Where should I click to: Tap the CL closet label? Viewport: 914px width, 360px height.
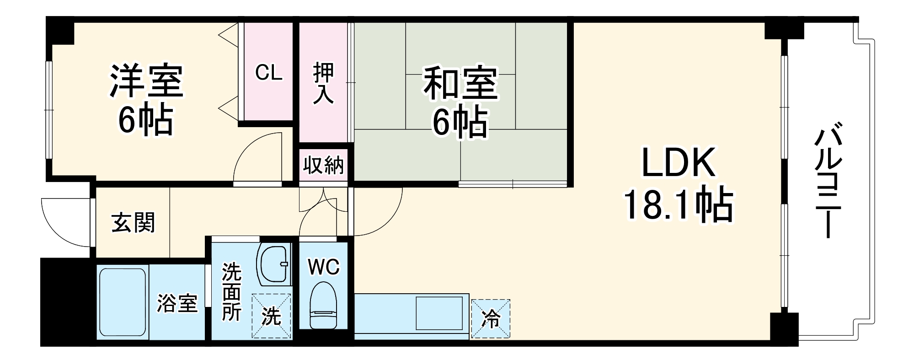[x=268, y=72]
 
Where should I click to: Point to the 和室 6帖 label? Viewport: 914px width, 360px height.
[x=460, y=102]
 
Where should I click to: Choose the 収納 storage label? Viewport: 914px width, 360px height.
[x=323, y=165]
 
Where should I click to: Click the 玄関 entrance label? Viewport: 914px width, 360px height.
[x=133, y=223]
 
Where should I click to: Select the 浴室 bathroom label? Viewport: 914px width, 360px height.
[x=177, y=303]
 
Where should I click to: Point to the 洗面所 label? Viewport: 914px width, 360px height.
[x=231, y=292]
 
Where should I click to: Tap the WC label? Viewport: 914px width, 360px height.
[x=324, y=267]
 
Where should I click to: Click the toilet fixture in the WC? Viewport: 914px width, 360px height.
[x=323, y=305]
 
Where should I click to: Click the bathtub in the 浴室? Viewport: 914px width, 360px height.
[x=123, y=302]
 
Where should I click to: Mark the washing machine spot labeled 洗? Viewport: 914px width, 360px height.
[x=271, y=316]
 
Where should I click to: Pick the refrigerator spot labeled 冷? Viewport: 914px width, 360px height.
[x=491, y=319]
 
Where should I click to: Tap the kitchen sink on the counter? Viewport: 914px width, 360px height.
[x=439, y=313]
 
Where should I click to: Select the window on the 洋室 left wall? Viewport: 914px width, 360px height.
[x=49, y=110]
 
